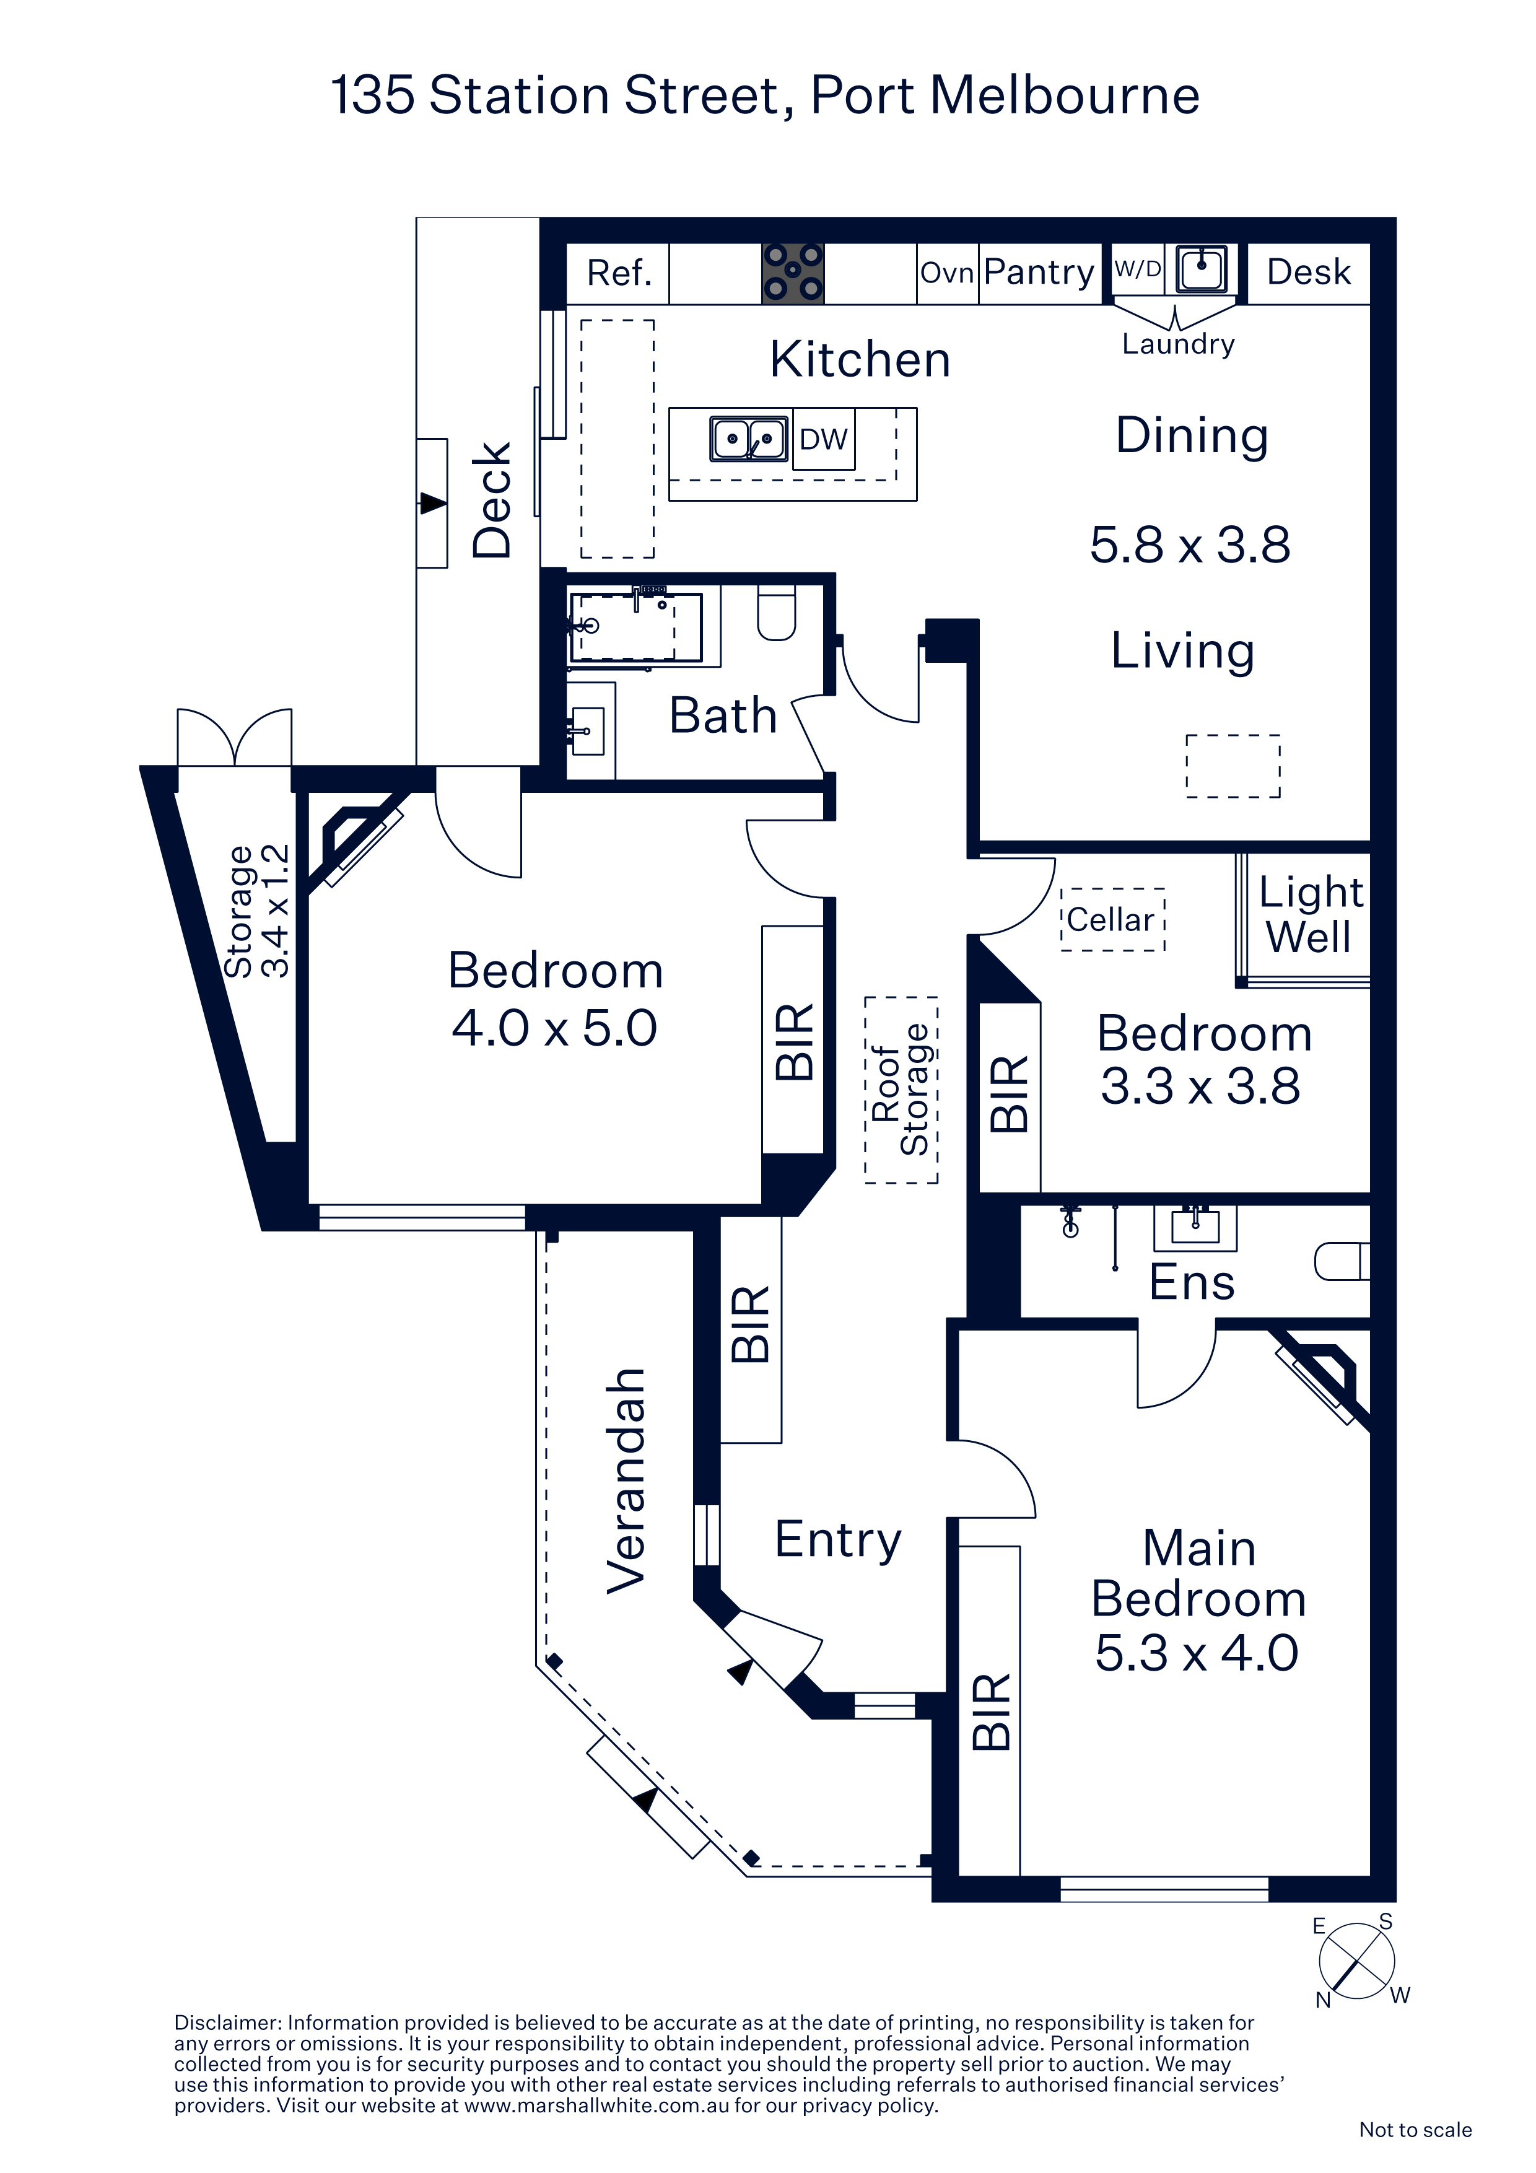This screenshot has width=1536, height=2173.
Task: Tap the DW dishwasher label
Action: [x=823, y=439]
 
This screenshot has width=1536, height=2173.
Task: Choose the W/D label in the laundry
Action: [x=1138, y=269]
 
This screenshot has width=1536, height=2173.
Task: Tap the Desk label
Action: [x=1309, y=273]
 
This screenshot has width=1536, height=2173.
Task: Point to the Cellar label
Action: [x=1111, y=920]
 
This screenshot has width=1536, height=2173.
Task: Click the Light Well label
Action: [x=1311, y=914]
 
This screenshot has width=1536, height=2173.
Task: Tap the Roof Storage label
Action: [x=901, y=1090]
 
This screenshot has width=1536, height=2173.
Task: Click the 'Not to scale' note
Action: [x=1415, y=2130]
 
